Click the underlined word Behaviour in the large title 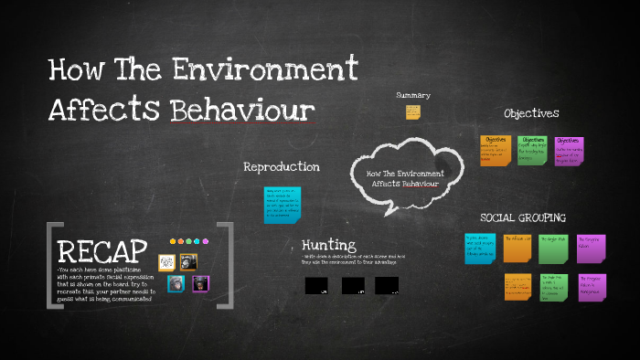pos(242,110)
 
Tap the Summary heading pos(413,95)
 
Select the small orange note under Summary pos(413,112)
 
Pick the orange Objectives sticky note pos(496,151)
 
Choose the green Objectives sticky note pos(532,151)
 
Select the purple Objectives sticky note pos(569,151)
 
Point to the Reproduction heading pos(281,167)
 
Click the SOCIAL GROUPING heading pos(523,217)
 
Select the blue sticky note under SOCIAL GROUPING pos(479,249)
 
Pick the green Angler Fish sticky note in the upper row pos(553,249)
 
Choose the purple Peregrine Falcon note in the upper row pos(591,249)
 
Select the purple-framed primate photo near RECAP pos(200,284)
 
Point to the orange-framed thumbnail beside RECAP pos(188,262)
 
